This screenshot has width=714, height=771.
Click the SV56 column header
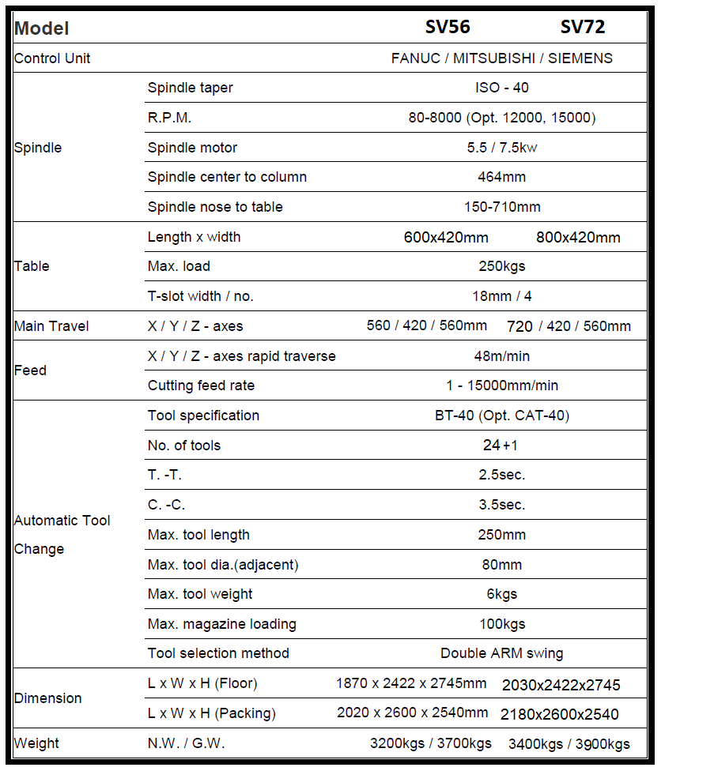448,28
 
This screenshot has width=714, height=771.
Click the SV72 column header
583,28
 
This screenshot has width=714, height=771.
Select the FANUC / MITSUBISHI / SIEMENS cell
501,58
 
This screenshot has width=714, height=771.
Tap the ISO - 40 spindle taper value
501,88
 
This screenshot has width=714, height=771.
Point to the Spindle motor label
192,148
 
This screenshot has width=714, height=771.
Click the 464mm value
501,177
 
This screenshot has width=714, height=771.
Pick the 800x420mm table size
578,237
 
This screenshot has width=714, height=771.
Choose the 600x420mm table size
446,237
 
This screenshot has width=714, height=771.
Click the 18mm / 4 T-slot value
501,297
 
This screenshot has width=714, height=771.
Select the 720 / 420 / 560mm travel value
569,326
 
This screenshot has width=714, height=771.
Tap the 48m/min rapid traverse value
501,356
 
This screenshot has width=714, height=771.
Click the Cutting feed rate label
201,385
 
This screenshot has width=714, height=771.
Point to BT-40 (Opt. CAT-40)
501,416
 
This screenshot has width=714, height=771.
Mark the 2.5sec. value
501,476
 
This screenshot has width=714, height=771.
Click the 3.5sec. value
501,505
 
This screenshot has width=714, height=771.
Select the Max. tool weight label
200,594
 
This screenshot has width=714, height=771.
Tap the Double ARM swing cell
501,653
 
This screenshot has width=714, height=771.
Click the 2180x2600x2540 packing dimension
560,715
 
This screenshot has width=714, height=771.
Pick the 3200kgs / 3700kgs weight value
431,743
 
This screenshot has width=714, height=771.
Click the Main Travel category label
51,326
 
